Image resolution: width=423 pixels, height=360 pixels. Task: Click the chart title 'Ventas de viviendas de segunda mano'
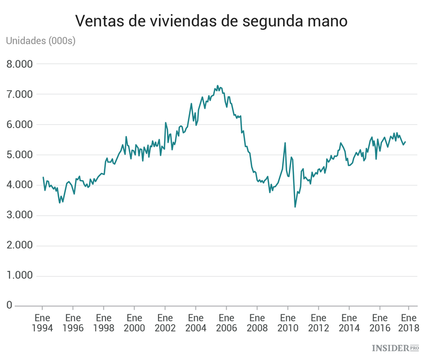coord(211,21)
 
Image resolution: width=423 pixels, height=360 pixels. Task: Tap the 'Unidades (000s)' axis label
coord(40,41)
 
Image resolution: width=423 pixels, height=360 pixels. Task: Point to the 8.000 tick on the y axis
coord(20,64)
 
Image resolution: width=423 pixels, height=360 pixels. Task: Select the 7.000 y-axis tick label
coord(20,94)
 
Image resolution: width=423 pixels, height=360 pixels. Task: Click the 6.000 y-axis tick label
coord(20,125)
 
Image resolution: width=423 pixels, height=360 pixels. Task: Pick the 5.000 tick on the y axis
coord(20,155)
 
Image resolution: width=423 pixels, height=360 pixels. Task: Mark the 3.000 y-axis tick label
coord(20,216)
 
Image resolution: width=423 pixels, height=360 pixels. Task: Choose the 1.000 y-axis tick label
coord(20,276)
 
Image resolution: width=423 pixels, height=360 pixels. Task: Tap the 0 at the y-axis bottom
coord(9,305)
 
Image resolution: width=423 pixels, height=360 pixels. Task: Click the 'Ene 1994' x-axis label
coord(42,322)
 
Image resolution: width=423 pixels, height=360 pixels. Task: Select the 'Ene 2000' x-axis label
coord(134,322)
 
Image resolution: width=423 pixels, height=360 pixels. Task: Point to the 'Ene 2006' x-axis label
coord(226,322)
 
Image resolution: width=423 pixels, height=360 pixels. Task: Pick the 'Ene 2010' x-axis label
coord(288,322)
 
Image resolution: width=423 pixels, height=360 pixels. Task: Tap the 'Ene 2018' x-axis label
coord(409,322)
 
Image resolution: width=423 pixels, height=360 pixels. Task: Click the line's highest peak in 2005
coord(218,86)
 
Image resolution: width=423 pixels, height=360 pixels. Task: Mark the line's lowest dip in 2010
coord(295,207)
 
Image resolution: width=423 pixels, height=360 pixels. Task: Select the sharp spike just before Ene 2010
coord(285,143)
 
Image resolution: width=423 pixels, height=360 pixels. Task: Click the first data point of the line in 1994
coord(43,177)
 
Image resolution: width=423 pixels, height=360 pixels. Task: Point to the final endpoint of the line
coord(406,142)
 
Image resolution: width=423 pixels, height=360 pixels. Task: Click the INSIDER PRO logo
coord(395,348)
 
